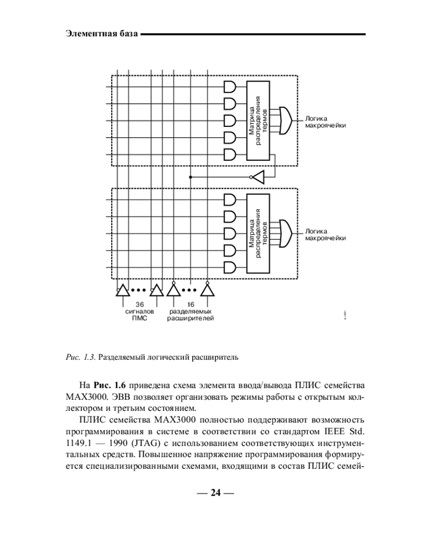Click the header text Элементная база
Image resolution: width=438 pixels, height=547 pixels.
coord(101,34)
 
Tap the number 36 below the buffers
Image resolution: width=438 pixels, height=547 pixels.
coord(140,305)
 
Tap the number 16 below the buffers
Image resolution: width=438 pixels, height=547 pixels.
coord(191,305)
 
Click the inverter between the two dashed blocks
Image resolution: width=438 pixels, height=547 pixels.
coord(257,177)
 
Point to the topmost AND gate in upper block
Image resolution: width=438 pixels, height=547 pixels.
coord(230,88)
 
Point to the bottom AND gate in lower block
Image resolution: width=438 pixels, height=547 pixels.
coord(230,267)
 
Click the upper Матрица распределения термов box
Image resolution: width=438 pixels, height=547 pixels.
coord(258,121)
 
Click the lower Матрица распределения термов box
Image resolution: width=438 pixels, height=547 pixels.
coord(258,233)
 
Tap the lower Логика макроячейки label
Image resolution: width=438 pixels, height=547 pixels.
coord(326,234)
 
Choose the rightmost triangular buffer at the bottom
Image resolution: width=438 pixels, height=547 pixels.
coord(207,290)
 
